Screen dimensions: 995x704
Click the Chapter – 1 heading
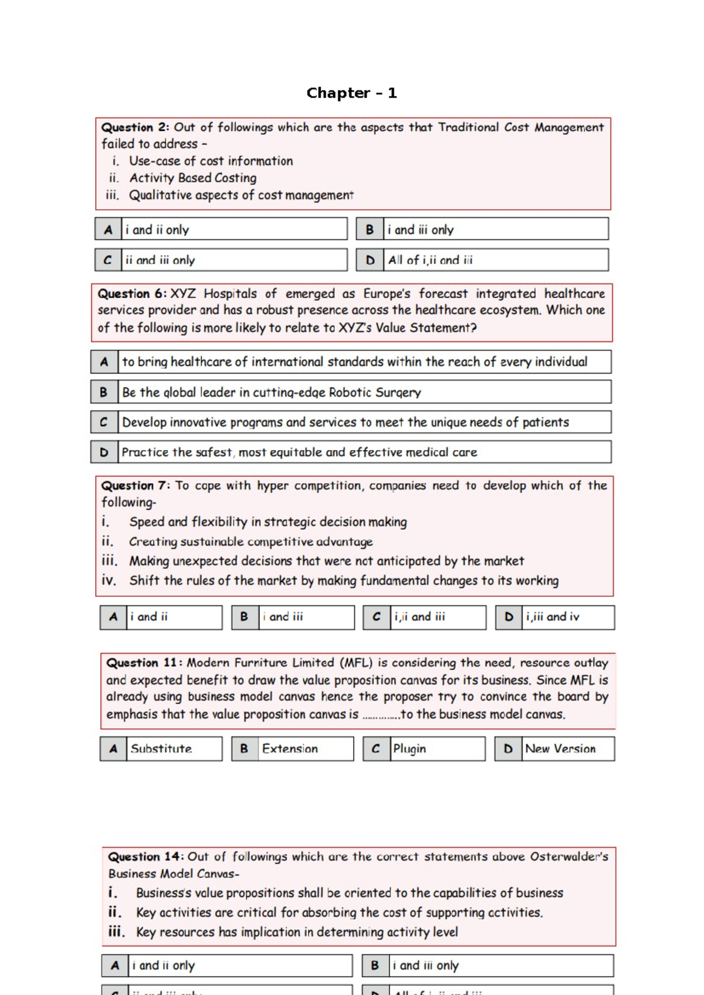click(x=351, y=93)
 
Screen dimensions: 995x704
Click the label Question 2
click(x=135, y=127)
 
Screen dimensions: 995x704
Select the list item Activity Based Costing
click(x=192, y=178)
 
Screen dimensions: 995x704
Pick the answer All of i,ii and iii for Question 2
click(x=430, y=260)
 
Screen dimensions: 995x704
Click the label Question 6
click(x=132, y=293)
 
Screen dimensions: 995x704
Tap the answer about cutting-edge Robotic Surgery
click(x=271, y=392)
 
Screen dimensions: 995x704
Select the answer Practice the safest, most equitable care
click(x=299, y=452)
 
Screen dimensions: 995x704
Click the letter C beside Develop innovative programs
click(x=104, y=422)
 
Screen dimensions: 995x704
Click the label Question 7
click(x=136, y=485)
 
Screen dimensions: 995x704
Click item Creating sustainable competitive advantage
click(x=251, y=542)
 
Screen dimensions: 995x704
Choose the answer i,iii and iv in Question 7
click(x=552, y=617)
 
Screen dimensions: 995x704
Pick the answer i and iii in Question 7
click(x=283, y=617)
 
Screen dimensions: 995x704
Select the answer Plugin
click(x=409, y=749)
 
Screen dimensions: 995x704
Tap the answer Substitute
click(x=161, y=749)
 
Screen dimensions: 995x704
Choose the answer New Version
click(x=560, y=749)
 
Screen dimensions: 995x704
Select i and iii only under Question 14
click(x=425, y=965)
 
